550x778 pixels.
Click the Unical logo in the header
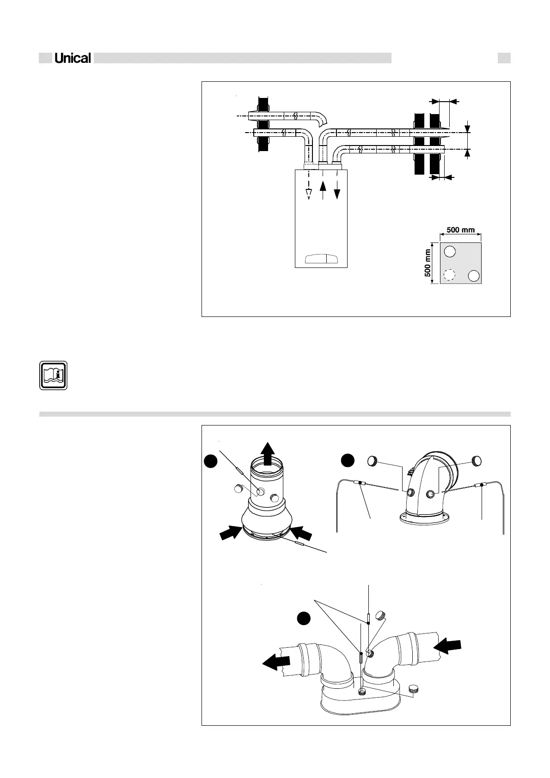point(73,58)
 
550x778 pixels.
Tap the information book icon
point(53,375)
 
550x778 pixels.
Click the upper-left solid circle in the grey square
point(450,252)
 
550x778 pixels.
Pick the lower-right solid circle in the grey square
point(474,276)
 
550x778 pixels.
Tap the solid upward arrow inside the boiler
point(323,189)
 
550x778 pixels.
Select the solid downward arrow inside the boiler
point(337,189)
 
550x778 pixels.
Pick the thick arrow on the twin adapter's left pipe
point(276,662)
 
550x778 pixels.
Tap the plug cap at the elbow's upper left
point(373,460)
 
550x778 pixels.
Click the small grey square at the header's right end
point(504,58)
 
